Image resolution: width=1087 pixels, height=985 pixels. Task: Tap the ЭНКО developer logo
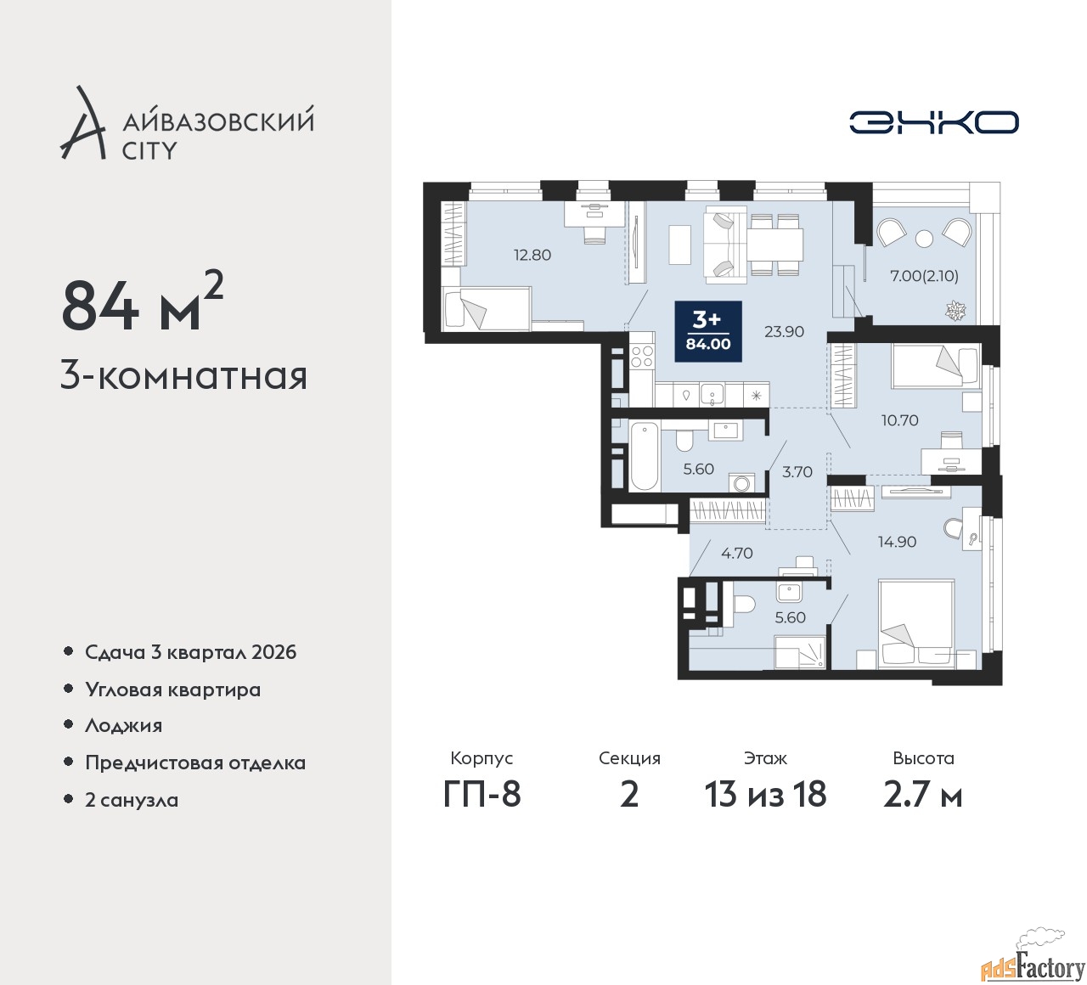[x=933, y=122]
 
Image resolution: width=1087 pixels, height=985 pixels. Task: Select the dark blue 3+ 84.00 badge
[x=707, y=331]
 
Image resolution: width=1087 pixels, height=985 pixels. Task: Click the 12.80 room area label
[x=532, y=255]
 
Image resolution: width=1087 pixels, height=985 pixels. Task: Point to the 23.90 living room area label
[x=784, y=331]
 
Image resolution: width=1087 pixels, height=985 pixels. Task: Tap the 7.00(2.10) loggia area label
[x=924, y=276]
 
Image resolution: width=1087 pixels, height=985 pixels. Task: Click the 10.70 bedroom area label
[x=899, y=419]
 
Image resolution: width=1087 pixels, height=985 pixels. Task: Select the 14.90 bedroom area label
[x=897, y=541]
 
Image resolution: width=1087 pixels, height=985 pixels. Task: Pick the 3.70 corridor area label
[x=797, y=471]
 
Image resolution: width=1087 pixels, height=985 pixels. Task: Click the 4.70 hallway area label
[x=737, y=553]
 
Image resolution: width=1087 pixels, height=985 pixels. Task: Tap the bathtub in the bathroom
[x=645, y=458]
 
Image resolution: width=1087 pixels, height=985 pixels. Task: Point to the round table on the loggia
[x=924, y=238]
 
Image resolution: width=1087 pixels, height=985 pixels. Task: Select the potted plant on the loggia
[x=955, y=311]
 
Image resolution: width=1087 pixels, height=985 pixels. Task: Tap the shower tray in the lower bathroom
[x=801, y=652]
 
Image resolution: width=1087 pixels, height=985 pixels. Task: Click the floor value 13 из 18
[x=765, y=795]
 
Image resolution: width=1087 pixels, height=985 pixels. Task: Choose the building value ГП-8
[x=482, y=795]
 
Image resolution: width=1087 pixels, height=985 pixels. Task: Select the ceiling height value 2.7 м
[x=923, y=795]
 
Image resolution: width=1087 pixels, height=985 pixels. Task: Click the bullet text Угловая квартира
[x=173, y=689]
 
